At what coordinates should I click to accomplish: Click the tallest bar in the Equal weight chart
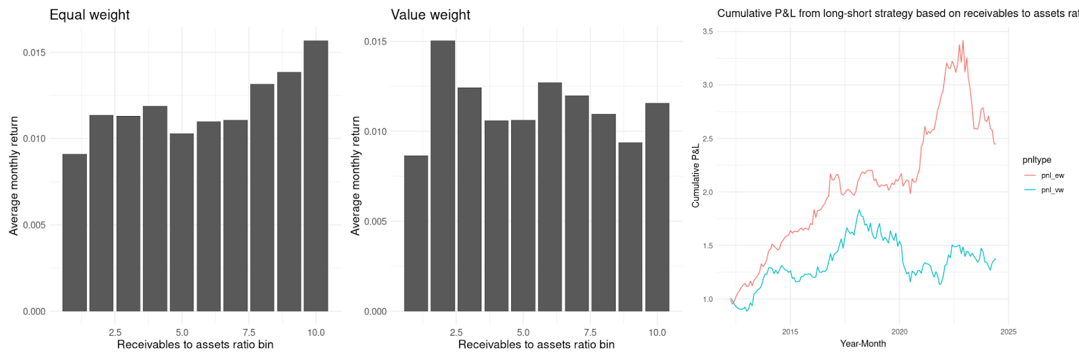pos(316,175)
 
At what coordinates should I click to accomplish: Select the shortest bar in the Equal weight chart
pos(75,233)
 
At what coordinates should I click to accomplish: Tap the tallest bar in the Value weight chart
pos(443,175)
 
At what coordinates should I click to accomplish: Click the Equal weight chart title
pos(90,15)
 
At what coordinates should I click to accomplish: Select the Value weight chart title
pos(430,15)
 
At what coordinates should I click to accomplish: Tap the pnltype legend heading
pos(1037,160)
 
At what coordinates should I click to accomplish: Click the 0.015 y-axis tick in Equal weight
pos(34,53)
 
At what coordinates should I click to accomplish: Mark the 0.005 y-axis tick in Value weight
pos(376,221)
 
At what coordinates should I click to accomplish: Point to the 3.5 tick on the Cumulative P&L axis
pos(707,32)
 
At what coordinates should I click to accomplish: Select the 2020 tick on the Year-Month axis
pos(899,332)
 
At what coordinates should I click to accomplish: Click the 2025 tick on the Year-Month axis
pos(1008,332)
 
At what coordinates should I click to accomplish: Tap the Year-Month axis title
pos(863,344)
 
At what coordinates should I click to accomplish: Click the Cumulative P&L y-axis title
pos(695,176)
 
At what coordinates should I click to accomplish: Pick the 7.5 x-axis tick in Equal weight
pos(249,332)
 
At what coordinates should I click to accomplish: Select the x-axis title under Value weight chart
pos(536,344)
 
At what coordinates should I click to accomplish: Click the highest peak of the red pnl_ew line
pos(962,41)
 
